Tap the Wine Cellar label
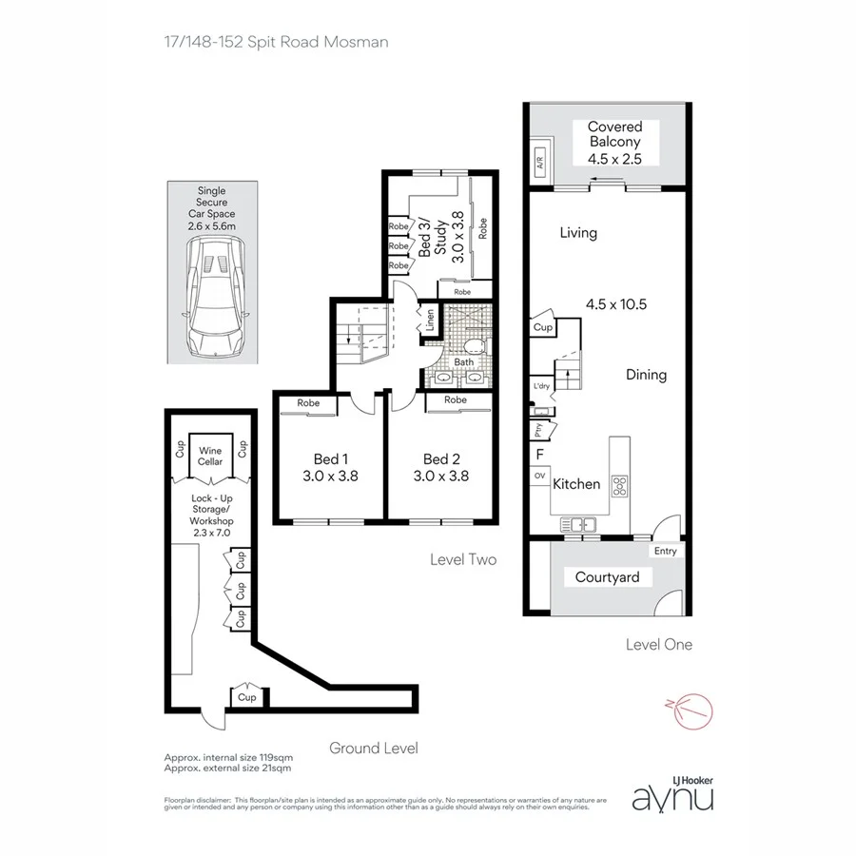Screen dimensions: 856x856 (x=210, y=456)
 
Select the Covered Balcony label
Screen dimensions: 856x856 (x=614, y=143)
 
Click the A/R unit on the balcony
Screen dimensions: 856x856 (x=539, y=163)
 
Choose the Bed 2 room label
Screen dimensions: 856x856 (x=441, y=467)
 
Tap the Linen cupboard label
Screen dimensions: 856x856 (x=430, y=321)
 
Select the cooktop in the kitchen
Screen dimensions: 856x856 (x=619, y=486)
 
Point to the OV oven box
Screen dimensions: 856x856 (x=539, y=475)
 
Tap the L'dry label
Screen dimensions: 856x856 (x=541, y=385)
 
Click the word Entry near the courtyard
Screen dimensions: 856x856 (x=664, y=551)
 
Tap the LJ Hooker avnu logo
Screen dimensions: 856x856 (x=673, y=792)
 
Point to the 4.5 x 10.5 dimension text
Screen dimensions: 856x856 (x=616, y=304)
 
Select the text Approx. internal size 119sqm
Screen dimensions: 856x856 (x=228, y=757)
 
